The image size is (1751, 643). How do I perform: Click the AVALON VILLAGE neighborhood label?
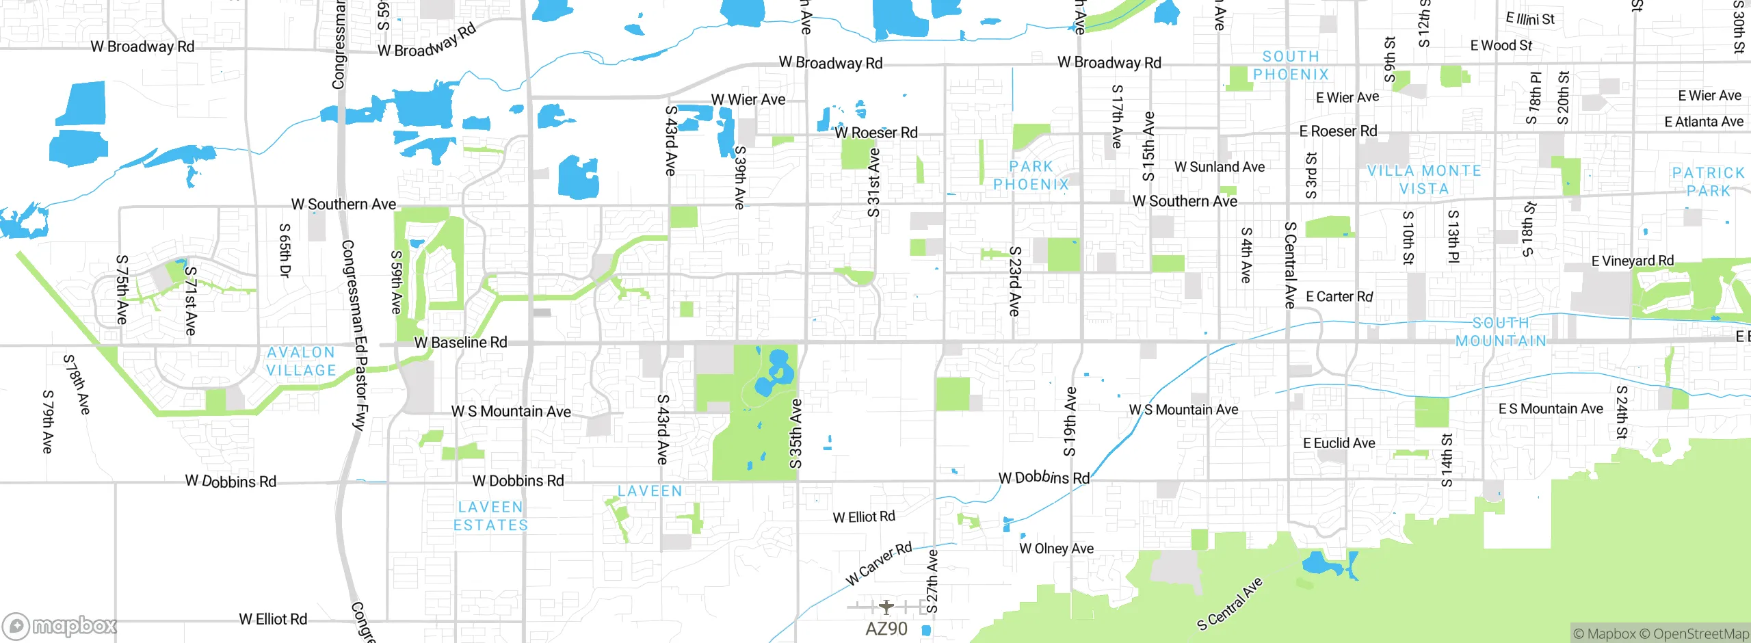301,361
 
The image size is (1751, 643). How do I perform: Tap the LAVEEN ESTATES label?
490,516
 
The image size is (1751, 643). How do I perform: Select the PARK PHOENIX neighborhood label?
1031,176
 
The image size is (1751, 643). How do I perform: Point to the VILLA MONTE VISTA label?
1424,180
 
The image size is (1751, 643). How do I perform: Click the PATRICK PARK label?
1708,182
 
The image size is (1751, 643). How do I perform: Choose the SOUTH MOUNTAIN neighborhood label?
1501,332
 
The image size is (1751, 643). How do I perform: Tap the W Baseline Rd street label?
461,342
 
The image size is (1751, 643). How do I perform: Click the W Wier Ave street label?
748,100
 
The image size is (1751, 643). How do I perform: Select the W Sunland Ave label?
1220,167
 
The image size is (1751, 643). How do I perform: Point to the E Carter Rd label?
1339,297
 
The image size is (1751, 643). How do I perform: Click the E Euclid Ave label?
1339,443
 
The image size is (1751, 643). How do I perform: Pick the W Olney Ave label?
1056,549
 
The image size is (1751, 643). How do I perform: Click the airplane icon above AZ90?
886,607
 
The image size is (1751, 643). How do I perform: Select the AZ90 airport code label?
886,629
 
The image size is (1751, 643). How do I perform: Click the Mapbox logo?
60,626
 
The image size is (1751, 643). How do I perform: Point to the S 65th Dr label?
285,250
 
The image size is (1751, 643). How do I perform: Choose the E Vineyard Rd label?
1632,261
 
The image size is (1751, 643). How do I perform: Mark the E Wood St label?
1501,46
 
